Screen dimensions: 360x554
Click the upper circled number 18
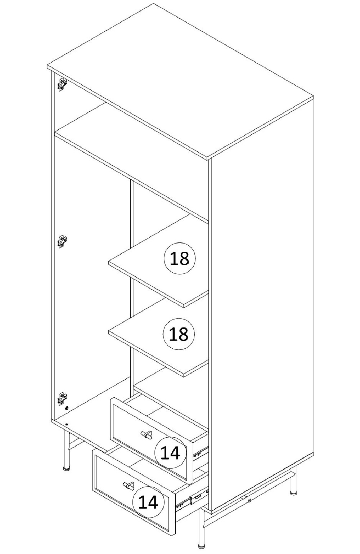click(180, 259)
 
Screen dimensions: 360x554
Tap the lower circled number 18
click(179, 334)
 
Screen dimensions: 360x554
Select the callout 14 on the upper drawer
click(170, 452)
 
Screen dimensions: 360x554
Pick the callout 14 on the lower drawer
click(148, 502)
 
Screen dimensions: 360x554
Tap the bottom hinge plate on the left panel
click(62, 399)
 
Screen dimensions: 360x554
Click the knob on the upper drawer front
click(147, 434)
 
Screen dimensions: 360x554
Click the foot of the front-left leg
click(67, 468)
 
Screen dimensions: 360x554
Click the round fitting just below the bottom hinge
click(66, 408)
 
